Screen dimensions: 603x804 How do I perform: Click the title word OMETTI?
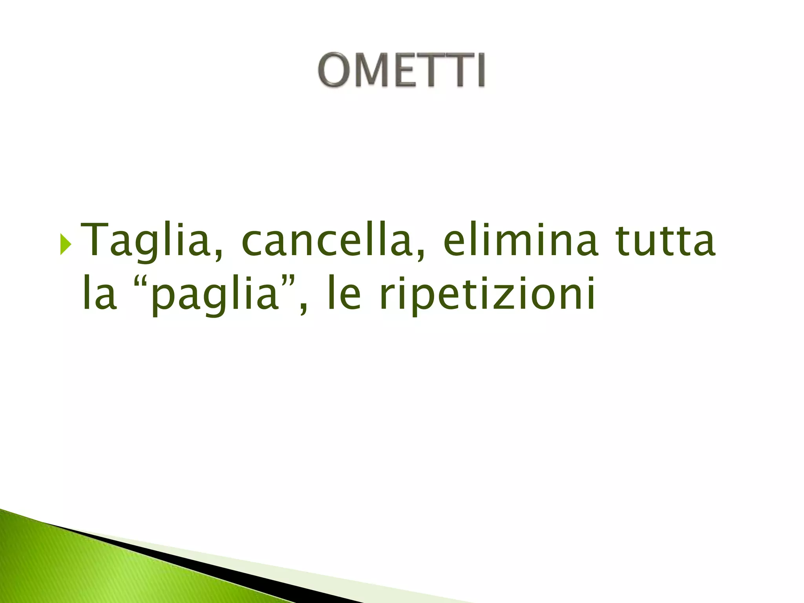tap(402, 70)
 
